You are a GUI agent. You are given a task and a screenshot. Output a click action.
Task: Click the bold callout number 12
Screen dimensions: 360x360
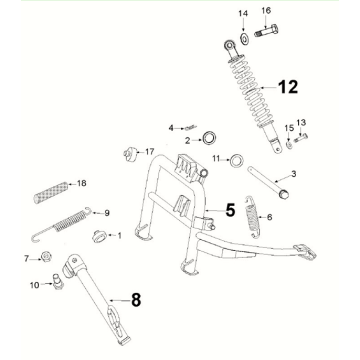click(288, 87)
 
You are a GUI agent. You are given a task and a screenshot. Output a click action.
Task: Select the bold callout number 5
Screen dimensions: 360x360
click(230, 210)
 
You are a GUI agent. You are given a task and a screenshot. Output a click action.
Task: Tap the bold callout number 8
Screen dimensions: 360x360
click(136, 300)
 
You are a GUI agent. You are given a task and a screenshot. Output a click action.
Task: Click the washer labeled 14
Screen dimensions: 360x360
click(244, 38)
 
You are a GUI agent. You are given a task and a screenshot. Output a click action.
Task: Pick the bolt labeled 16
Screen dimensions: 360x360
click(266, 31)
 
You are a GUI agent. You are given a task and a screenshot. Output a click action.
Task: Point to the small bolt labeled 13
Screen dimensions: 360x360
click(301, 137)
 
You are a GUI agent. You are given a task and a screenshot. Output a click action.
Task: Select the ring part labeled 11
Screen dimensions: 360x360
click(236, 161)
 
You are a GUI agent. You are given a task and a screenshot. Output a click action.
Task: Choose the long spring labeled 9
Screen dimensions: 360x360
click(61, 223)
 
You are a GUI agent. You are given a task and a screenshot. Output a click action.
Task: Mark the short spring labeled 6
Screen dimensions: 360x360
click(252, 217)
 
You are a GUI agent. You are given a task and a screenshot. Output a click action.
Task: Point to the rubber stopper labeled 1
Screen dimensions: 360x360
click(99, 236)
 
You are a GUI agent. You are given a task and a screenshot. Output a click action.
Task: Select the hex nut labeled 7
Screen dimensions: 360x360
click(45, 257)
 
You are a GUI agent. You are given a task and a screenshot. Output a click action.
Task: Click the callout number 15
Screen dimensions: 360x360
click(289, 128)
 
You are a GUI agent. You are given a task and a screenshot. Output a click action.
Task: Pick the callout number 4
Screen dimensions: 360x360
click(171, 128)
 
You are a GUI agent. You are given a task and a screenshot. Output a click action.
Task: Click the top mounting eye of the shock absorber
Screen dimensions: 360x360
click(229, 45)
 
